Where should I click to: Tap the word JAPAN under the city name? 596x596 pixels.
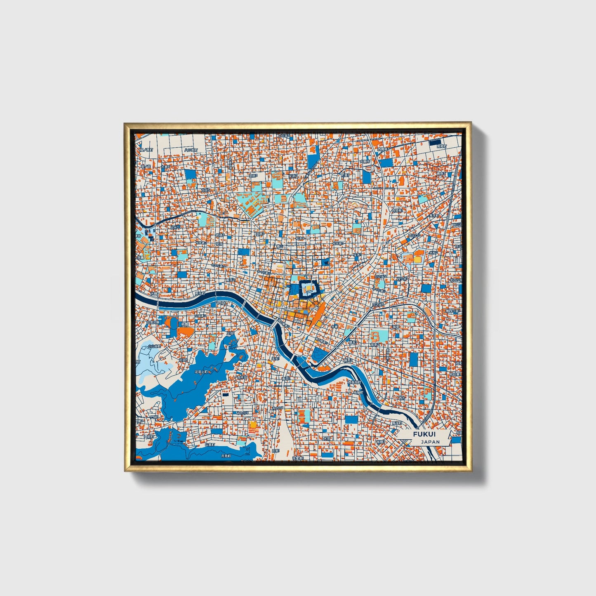point(430,442)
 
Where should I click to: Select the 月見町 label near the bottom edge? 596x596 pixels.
point(226,456)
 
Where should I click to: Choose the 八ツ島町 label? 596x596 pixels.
point(190,150)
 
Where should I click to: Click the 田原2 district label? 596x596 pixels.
point(259,233)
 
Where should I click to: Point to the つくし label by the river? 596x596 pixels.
point(222,303)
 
